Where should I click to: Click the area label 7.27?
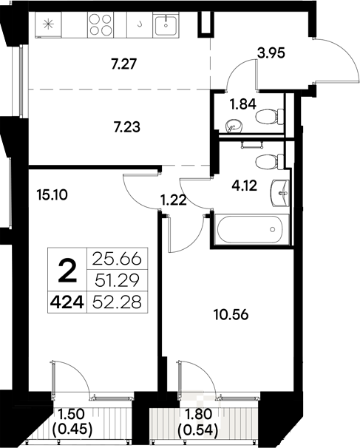tap(123, 66)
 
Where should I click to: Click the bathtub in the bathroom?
tap(250, 228)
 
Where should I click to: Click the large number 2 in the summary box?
tap(67, 272)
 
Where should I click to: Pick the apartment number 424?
tap(67, 302)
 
